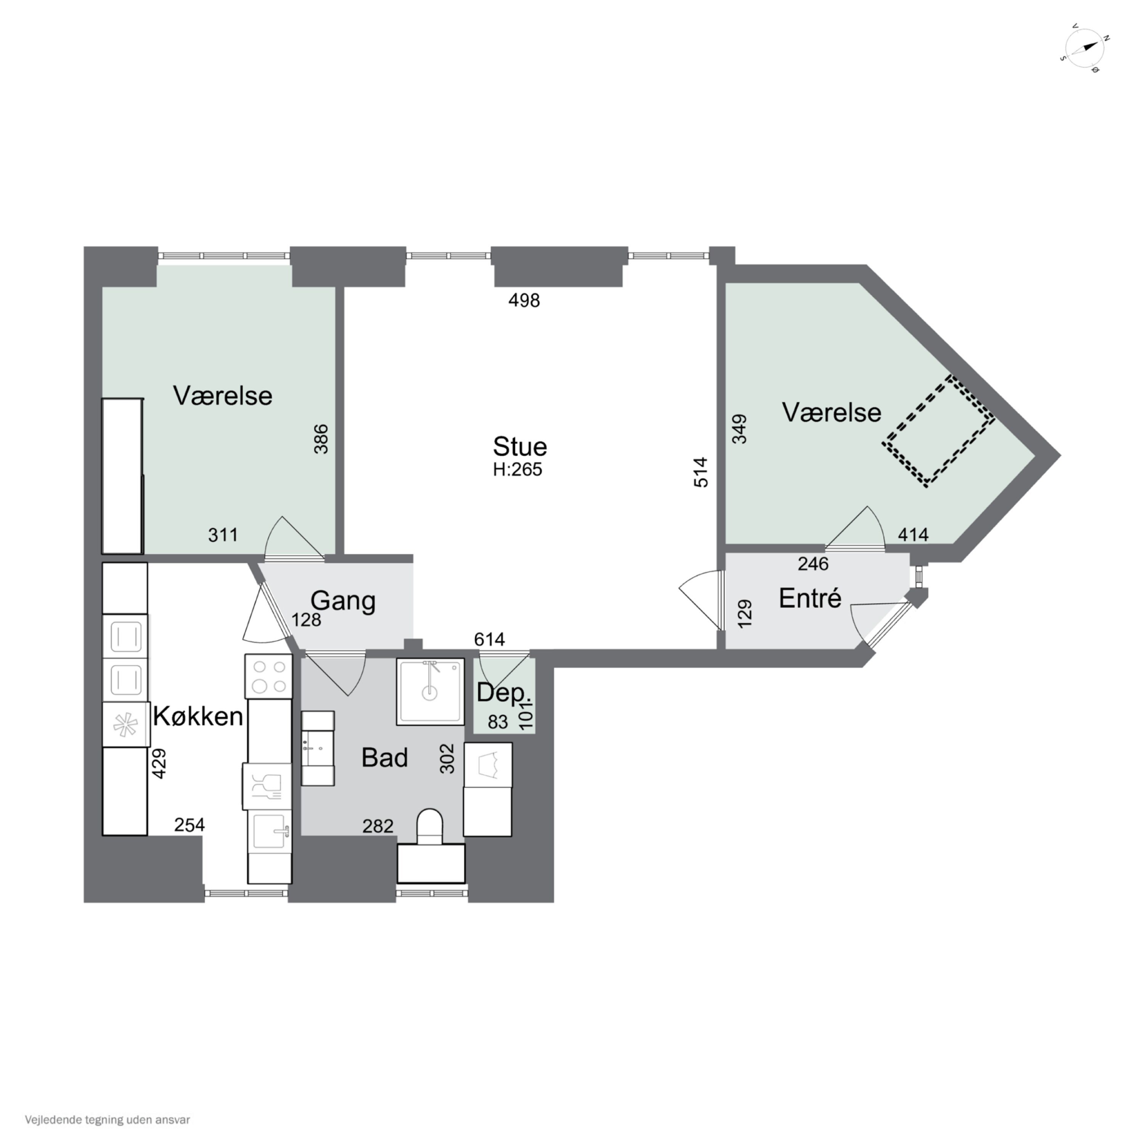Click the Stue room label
coord(519,447)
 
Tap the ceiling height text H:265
coord(517,469)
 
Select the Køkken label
coord(198,717)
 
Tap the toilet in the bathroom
coord(431,827)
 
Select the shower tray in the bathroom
coord(431,692)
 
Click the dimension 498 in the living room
coord(524,301)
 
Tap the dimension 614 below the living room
coord(489,639)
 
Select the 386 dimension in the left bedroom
coord(320,439)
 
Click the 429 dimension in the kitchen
coord(159,763)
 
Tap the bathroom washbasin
coord(318,749)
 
